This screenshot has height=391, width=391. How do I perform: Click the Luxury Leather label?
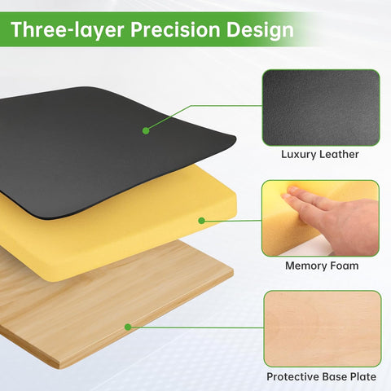[320, 154]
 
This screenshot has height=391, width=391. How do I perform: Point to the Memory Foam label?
[320, 266]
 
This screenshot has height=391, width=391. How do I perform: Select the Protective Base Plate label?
[321, 377]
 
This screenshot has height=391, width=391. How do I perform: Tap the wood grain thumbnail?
[322, 327]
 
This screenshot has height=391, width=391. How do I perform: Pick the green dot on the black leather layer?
[146, 130]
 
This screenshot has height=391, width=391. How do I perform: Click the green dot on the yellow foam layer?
[202, 221]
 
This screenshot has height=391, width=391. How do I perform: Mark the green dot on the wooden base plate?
[128, 327]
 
